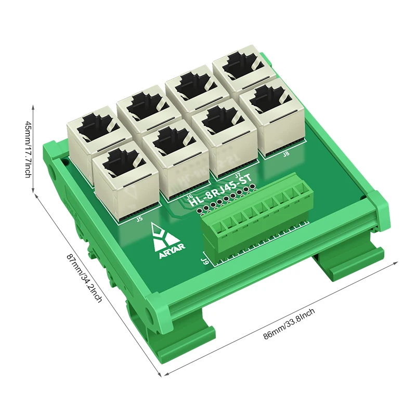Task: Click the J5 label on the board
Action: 139,219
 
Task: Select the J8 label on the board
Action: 286,154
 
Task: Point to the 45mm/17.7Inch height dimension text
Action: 29,148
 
